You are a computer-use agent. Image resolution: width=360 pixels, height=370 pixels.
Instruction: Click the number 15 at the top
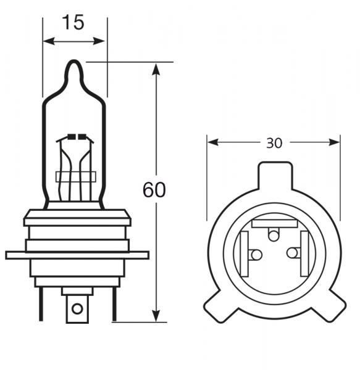click(73, 23)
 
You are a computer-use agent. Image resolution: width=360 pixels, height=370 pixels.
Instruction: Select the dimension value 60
click(154, 190)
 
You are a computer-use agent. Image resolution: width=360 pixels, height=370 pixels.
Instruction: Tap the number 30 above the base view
click(274, 143)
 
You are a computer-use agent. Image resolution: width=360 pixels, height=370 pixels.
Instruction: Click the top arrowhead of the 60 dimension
click(156, 66)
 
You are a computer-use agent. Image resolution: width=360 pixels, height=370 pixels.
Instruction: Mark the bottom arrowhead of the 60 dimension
click(156, 316)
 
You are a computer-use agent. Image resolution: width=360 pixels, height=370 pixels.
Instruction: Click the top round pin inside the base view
click(274, 234)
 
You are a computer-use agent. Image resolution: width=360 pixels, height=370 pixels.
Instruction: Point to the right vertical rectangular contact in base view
click(303, 253)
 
